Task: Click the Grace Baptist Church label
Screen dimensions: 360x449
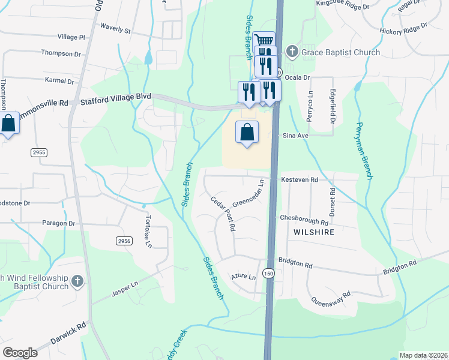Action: (340, 52)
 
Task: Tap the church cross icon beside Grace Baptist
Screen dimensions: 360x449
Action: (292, 52)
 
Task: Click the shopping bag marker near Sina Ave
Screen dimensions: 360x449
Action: (247, 132)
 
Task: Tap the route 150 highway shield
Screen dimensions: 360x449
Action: (270, 273)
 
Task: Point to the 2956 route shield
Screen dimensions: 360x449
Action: (124, 241)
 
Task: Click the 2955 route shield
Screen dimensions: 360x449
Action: (39, 153)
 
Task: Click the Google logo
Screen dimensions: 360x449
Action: (20, 352)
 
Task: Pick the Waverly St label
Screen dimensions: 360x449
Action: (115, 29)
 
